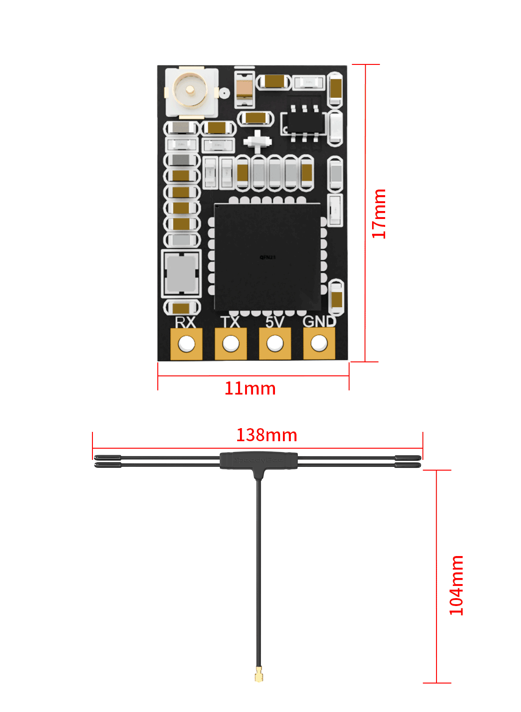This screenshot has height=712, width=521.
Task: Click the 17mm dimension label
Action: pos(379,213)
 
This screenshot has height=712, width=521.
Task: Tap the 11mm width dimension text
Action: pos(250,388)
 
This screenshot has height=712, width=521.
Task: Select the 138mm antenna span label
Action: pos(267,435)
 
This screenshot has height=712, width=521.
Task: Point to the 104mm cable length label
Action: pos(456,585)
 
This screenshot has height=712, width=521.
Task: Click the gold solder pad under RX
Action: pos(186,344)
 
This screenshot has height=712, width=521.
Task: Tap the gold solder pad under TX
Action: pos(231,344)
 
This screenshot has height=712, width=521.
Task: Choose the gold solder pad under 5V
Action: pos(275,344)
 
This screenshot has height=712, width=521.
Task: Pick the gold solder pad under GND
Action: pos(319,344)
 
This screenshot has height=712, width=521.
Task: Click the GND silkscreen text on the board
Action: pos(319,322)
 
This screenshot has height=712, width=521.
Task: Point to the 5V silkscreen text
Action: pos(275,322)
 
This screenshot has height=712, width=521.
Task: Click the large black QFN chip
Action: pos(268,257)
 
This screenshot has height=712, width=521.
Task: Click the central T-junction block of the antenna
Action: pos(259,460)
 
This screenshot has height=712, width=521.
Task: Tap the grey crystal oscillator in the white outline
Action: pos(181,274)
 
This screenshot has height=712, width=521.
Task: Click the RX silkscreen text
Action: pos(185,322)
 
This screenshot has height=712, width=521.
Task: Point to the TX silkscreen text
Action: pos(230,322)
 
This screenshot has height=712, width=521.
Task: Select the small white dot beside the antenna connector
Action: pos(225,93)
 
